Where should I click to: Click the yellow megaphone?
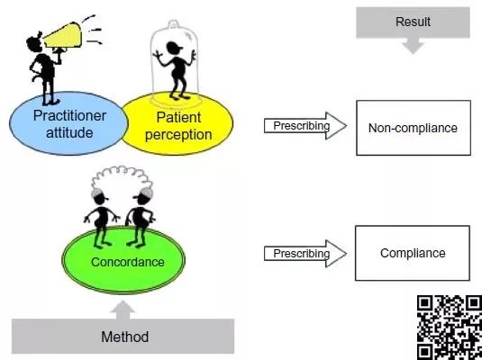(x=63, y=36)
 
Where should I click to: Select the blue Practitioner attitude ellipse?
(x=68, y=123)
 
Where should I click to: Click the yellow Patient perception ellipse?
(x=177, y=124)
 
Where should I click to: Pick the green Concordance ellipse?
(x=123, y=260)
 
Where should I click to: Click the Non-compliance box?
(x=414, y=128)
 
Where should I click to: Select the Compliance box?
(x=413, y=253)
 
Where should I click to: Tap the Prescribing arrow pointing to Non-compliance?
(x=305, y=126)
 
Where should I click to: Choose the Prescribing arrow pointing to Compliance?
(x=305, y=254)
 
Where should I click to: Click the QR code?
(x=450, y=328)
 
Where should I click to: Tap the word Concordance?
(x=128, y=262)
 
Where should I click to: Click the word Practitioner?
(x=69, y=116)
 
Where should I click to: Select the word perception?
(x=178, y=135)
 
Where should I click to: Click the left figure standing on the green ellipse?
(x=101, y=218)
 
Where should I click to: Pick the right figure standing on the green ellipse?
(x=141, y=218)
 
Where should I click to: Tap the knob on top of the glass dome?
(x=173, y=24)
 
